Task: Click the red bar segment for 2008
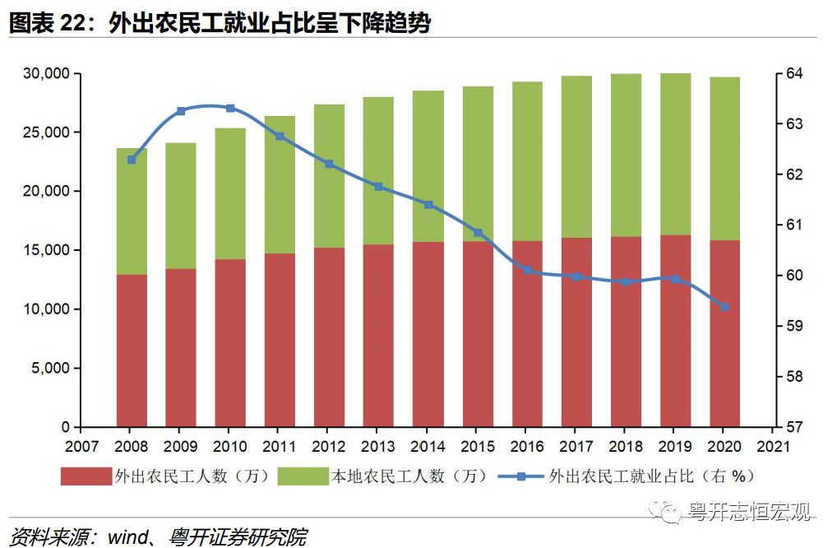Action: coord(132,351)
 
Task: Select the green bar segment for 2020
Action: coord(724,158)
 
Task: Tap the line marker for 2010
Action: coord(230,108)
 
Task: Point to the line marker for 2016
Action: coord(527,270)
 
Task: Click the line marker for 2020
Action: coord(724,307)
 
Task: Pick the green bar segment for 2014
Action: coord(428,166)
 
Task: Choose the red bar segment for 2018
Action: coord(626,332)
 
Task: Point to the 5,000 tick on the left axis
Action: coord(51,369)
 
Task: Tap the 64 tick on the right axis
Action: coord(793,74)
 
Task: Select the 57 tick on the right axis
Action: coord(793,427)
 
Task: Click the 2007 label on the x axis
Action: coord(82,446)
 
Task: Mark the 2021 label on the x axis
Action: coord(774,446)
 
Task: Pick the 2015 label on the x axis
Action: coord(478,446)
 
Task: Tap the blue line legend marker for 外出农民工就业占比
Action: coord(520,476)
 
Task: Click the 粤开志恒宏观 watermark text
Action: coord(749,512)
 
